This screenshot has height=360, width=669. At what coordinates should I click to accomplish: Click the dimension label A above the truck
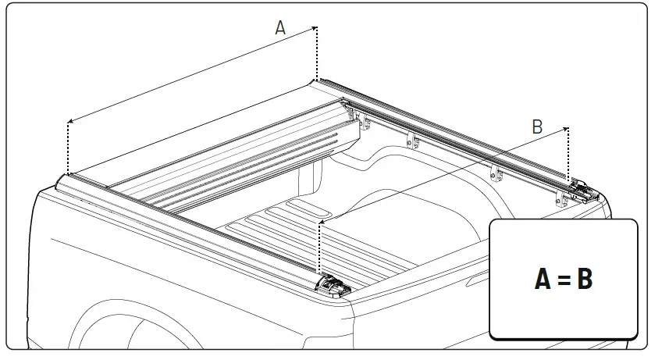[280, 27]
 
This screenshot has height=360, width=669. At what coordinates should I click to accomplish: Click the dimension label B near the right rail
[537, 127]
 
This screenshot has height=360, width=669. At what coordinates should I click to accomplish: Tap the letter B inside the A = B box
[584, 279]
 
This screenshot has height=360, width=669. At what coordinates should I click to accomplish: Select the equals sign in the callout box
[564, 280]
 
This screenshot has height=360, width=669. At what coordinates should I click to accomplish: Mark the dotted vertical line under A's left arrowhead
[68, 148]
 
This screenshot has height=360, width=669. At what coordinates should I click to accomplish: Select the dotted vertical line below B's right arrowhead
[568, 156]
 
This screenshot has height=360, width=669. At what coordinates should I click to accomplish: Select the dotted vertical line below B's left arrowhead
[319, 250]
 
